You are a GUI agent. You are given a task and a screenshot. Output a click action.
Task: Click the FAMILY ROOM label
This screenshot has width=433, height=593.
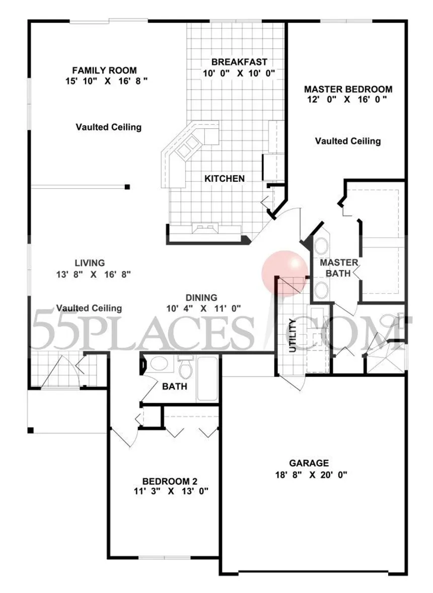[x=104, y=70]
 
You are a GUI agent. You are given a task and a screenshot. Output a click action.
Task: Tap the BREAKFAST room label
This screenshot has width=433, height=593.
[x=239, y=62]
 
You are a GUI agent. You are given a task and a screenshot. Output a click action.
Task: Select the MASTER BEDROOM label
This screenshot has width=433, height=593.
[x=348, y=89]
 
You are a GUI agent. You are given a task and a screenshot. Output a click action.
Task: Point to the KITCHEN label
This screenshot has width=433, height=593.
[x=224, y=179]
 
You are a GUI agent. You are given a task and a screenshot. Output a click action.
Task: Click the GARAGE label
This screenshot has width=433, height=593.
[x=309, y=463]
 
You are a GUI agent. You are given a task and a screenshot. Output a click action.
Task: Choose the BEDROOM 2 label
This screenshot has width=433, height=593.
[x=170, y=481]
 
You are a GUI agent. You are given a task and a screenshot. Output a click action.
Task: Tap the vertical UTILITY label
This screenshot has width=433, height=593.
[x=293, y=336]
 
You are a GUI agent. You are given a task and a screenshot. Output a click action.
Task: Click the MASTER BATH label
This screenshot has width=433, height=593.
[x=338, y=268]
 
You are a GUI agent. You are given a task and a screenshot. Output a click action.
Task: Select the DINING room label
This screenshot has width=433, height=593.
[x=201, y=298]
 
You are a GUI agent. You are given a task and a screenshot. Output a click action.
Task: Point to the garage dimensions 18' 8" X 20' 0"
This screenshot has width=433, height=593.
[x=311, y=475]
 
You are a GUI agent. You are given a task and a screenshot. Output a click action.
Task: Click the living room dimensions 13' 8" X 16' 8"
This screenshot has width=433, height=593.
[x=94, y=274]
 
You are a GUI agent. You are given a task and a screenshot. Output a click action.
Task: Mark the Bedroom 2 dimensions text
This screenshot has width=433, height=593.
[x=171, y=492]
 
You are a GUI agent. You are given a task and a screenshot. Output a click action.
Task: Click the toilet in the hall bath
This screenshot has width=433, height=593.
[x=185, y=367]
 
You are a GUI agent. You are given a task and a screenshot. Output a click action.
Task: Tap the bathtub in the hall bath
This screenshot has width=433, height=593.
[x=207, y=378]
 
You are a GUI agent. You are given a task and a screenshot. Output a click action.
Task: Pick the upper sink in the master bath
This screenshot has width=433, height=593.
[x=321, y=246]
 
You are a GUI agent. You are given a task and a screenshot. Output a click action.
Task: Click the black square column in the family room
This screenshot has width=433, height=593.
[x=127, y=186]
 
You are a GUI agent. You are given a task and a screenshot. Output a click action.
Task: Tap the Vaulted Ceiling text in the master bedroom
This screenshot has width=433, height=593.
[x=348, y=141]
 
